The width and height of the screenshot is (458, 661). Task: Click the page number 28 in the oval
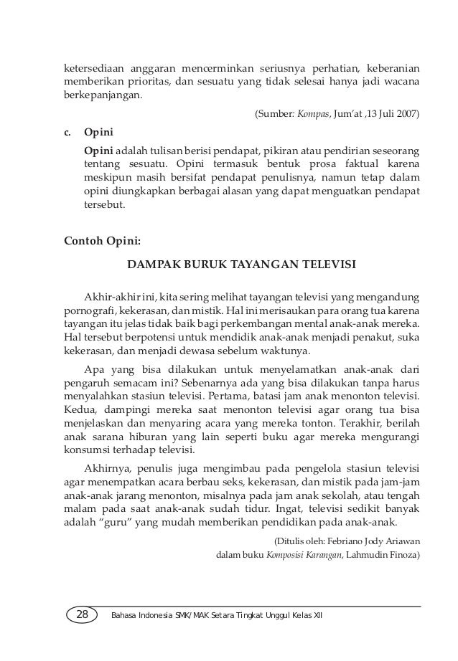pos(82,614)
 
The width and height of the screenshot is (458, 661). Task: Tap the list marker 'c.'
pos(70,133)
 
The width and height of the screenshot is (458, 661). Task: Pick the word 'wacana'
pos(400,83)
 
